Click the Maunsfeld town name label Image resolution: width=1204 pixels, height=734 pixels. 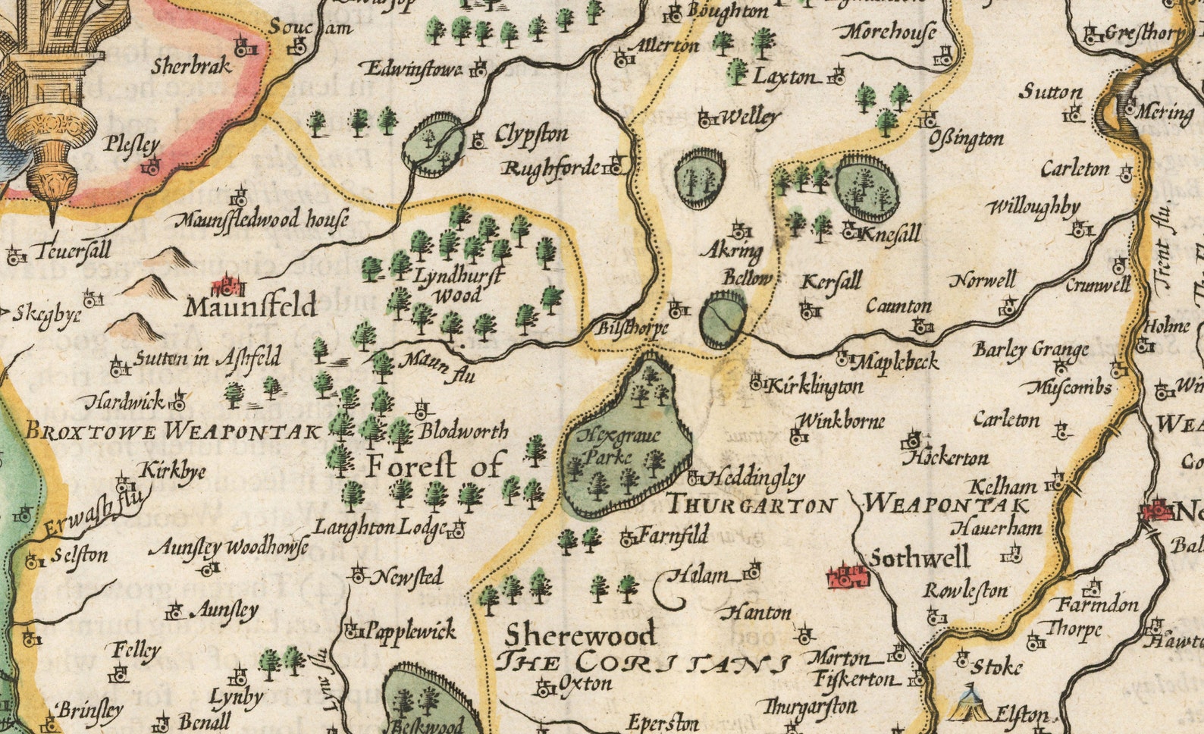pyautogui.click(x=250, y=307)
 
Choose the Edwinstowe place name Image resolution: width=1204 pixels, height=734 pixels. pyautogui.click(x=414, y=69)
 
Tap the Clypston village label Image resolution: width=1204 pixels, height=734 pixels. pyautogui.click(x=531, y=135)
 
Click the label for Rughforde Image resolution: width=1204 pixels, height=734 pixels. pyautogui.click(x=551, y=168)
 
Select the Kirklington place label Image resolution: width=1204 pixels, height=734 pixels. pyautogui.click(x=814, y=386)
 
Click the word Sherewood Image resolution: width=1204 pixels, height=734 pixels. pyautogui.click(x=581, y=634)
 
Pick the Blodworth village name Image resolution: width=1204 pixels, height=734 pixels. pyautogui.click(x=463, y=431)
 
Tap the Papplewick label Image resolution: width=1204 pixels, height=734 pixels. pyautogui.click(x=410, y=630)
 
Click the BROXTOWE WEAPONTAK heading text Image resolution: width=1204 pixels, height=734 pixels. pyautogui.click(x=173, y=431)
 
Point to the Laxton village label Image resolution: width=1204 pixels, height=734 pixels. pyautogui.click(x=785, y=77)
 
